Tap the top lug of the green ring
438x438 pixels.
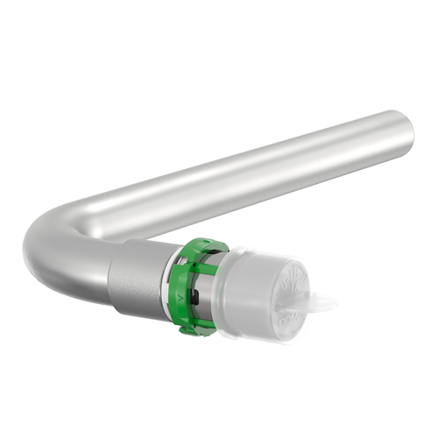point(203,246)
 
